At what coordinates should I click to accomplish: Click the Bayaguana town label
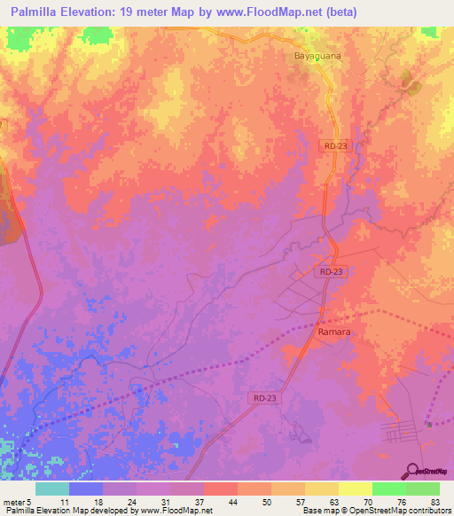[317, 55]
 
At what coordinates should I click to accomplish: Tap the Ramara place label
[333, 332]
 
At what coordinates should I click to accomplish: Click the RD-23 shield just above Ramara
[328, 272]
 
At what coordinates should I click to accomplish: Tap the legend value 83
[433, 501]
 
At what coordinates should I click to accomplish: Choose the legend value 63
[332, 501]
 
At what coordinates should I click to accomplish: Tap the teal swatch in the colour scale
[52, 489]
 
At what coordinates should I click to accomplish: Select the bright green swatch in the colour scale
[388, 489]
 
